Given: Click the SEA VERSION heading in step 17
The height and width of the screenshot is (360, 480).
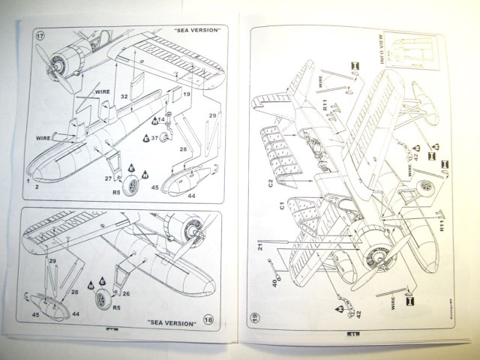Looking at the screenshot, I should coord(196,31).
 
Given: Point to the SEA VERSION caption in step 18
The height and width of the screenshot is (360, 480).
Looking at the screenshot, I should coord(172,323).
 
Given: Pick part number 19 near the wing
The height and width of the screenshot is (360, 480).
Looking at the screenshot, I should coord(187,95).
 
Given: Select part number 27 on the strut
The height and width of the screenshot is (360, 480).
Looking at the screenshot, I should coord(109,178).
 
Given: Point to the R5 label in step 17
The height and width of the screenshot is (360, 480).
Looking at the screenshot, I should coord(117,192).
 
